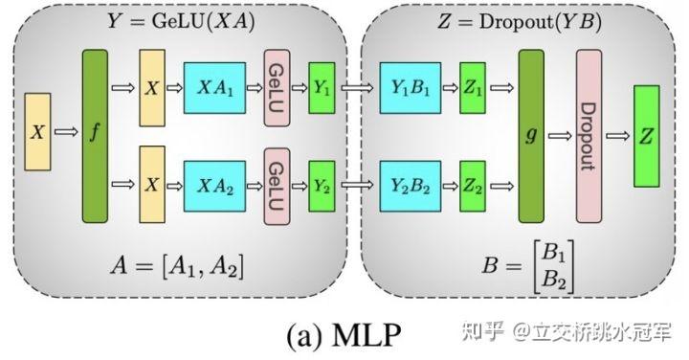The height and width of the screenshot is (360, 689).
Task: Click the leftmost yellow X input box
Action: point(37,132)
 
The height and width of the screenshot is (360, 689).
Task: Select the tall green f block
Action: point(95,136)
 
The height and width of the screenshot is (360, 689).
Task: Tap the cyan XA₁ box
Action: point(214,87)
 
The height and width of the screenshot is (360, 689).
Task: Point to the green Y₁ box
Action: point(322,88)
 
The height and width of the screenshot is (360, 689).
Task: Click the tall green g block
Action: point(531,136)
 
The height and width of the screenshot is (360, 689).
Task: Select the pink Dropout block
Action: point(589,136)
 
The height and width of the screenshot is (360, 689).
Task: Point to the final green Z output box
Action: point(646,136)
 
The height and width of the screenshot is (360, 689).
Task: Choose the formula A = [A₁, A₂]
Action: point(177,264)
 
